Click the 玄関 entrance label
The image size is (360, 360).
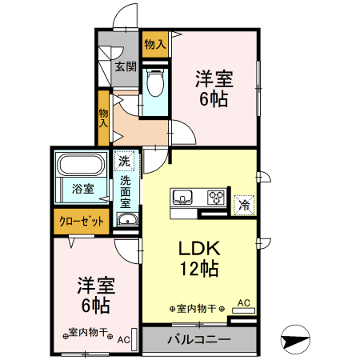click(124, 66)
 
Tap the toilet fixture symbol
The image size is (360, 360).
click(155, 83)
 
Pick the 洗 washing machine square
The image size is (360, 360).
click(124, 161)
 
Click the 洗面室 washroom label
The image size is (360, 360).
click(126, 192)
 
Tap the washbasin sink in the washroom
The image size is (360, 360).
click(126, 220)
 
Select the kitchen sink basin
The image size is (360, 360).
click(180, 198)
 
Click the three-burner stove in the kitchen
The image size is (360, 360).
click(217, 197)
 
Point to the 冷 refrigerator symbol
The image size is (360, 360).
click(244, 204)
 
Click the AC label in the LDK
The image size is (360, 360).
click(245, 302)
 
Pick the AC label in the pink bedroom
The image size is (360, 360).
click(124, 339)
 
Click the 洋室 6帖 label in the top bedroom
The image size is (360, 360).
click(215, 89)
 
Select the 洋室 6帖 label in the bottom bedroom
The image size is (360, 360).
click(94, 294)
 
